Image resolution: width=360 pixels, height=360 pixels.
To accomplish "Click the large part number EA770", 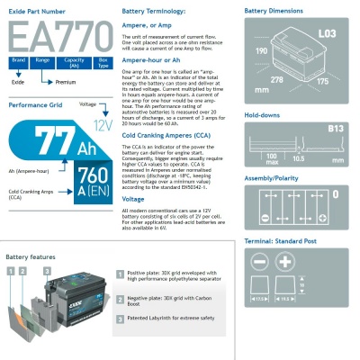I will click(x=56, y=39).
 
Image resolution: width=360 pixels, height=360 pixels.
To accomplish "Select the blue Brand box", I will click(x=17, y=61).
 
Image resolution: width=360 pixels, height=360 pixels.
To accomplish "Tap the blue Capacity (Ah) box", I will click(x=75, y=61).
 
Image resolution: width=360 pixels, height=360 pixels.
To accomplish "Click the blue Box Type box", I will click(x=103, y=61).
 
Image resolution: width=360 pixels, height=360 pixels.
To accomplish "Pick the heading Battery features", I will click(x=30, y=257).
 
